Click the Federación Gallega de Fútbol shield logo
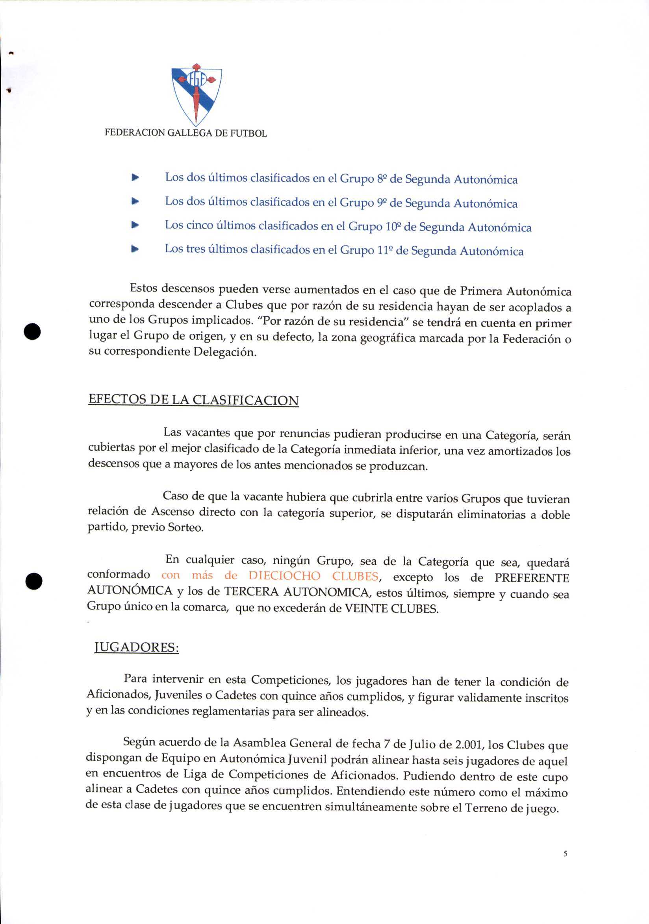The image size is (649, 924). pyautogui.click(x=197, y=94)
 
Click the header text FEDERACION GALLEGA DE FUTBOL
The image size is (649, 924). pyautogui.click(x=185, y=133)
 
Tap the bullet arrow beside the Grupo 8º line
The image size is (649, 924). pyautogui.click(x=135, y=177)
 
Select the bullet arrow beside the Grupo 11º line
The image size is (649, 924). pyautogui.click(x=135, y=249)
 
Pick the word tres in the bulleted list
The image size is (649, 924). pyautogui.click(x=196, y=249)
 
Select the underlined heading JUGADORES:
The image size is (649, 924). pyautogui.click(x=137, y=647)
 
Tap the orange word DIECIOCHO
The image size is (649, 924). pyautogui.click(x=284, y=576)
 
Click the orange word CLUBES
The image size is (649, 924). pyautogui.click(x=355, y=576)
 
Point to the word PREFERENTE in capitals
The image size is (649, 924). pyautogui.click(x=531, y=578)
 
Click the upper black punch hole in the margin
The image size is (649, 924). pyautogui.click(x=32, y=331)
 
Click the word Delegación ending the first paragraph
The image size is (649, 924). pyautogui.click(x=224, y=352)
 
